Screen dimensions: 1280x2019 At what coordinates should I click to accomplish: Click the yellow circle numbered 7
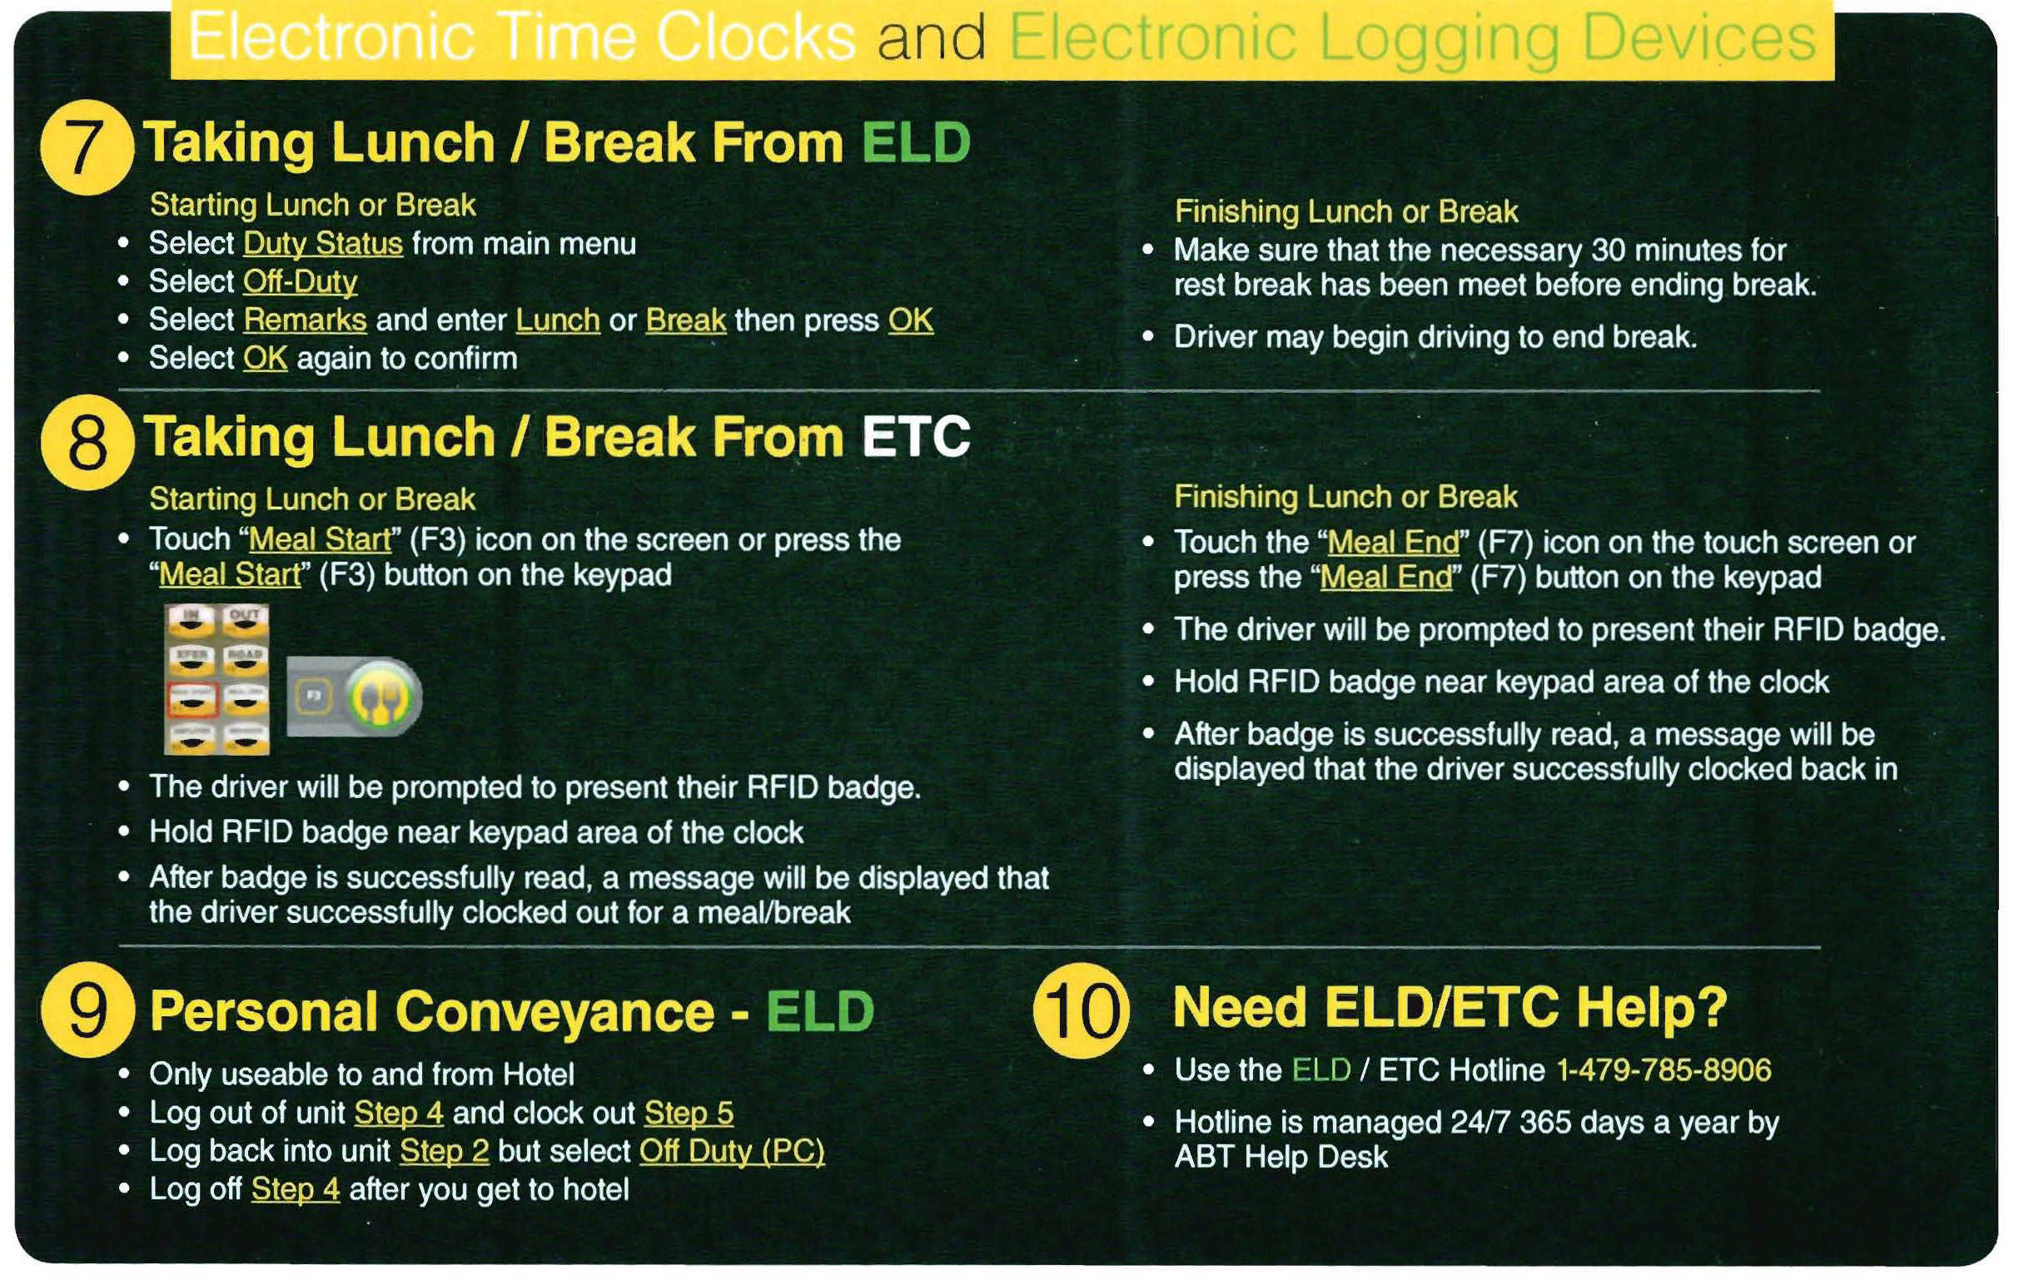(x=87, y=147)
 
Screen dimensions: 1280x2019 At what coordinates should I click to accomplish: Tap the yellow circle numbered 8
(x=87, y=442)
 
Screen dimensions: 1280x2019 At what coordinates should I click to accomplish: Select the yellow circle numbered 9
(x=87, y=1010)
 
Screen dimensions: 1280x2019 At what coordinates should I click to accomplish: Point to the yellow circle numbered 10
(x=1081, y=1010)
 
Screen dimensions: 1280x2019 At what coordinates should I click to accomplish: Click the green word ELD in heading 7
(x=916, y=141)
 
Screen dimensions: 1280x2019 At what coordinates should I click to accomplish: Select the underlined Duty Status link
(x=323, y=244)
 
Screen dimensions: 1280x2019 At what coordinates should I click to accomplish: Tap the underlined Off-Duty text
(x=301, y=281)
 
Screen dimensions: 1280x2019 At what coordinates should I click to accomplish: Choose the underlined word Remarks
(x=305, y=320)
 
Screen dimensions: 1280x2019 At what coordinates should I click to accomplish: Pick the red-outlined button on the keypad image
(x=192, y=699)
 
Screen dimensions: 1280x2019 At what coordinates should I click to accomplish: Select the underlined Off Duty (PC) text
(x=731, y=1151)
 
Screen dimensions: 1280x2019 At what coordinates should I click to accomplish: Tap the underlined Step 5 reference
(x=689, y=1114)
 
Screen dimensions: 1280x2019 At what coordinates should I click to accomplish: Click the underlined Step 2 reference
(x=444, y=1151)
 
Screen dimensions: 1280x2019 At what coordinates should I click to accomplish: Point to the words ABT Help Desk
(x=1281, y=1157)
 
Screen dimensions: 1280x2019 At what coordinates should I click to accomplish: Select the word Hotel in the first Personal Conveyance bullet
(x=538, y=1074)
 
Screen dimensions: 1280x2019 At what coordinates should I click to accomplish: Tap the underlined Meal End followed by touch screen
(x=1393, y=543)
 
